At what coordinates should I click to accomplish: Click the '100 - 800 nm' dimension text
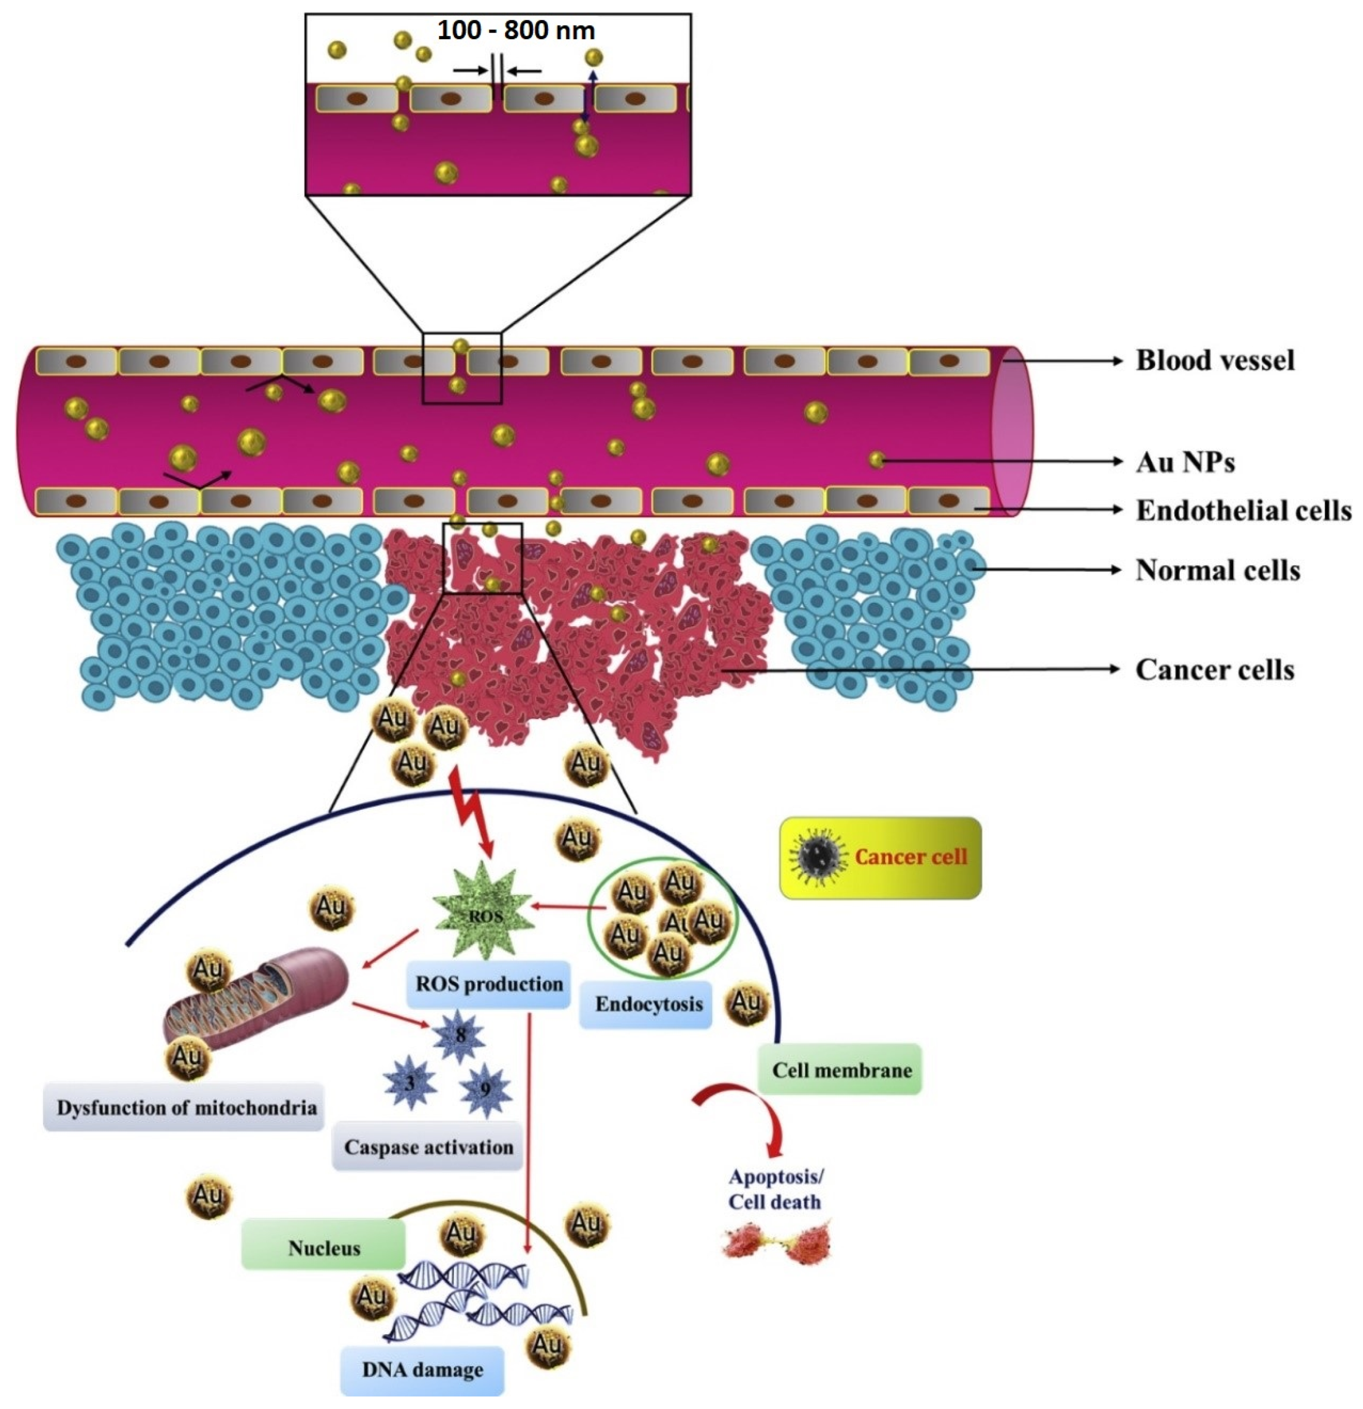516,31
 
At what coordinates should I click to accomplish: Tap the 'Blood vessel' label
1214,360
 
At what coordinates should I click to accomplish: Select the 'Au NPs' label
1185,461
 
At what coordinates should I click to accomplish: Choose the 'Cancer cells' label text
1214,669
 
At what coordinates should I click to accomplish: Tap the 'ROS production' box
489,983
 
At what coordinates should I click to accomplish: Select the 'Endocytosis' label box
648,1004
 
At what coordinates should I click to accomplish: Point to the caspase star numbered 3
410,1082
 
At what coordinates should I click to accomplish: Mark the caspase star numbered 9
485,1090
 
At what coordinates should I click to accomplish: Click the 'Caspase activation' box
428,1147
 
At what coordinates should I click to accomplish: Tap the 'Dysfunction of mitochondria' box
186,1108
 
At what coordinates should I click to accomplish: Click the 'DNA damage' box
422,1369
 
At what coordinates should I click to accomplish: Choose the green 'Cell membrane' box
841,1070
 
